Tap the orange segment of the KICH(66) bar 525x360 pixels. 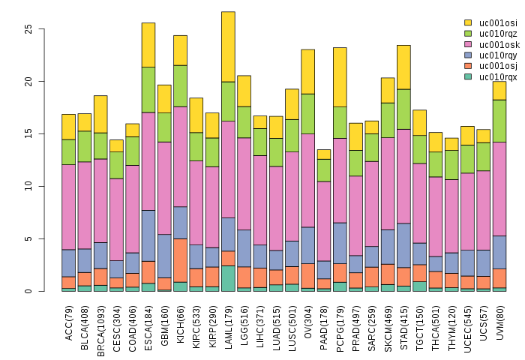(180, 260)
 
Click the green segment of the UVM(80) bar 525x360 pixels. (499, 121)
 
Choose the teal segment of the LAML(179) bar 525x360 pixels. (228, 278)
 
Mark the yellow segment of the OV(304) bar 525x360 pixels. (307, 72)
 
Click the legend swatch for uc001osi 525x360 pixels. (469, 22)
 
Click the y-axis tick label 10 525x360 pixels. (29, 186)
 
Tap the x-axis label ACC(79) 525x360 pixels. (69, 319)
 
